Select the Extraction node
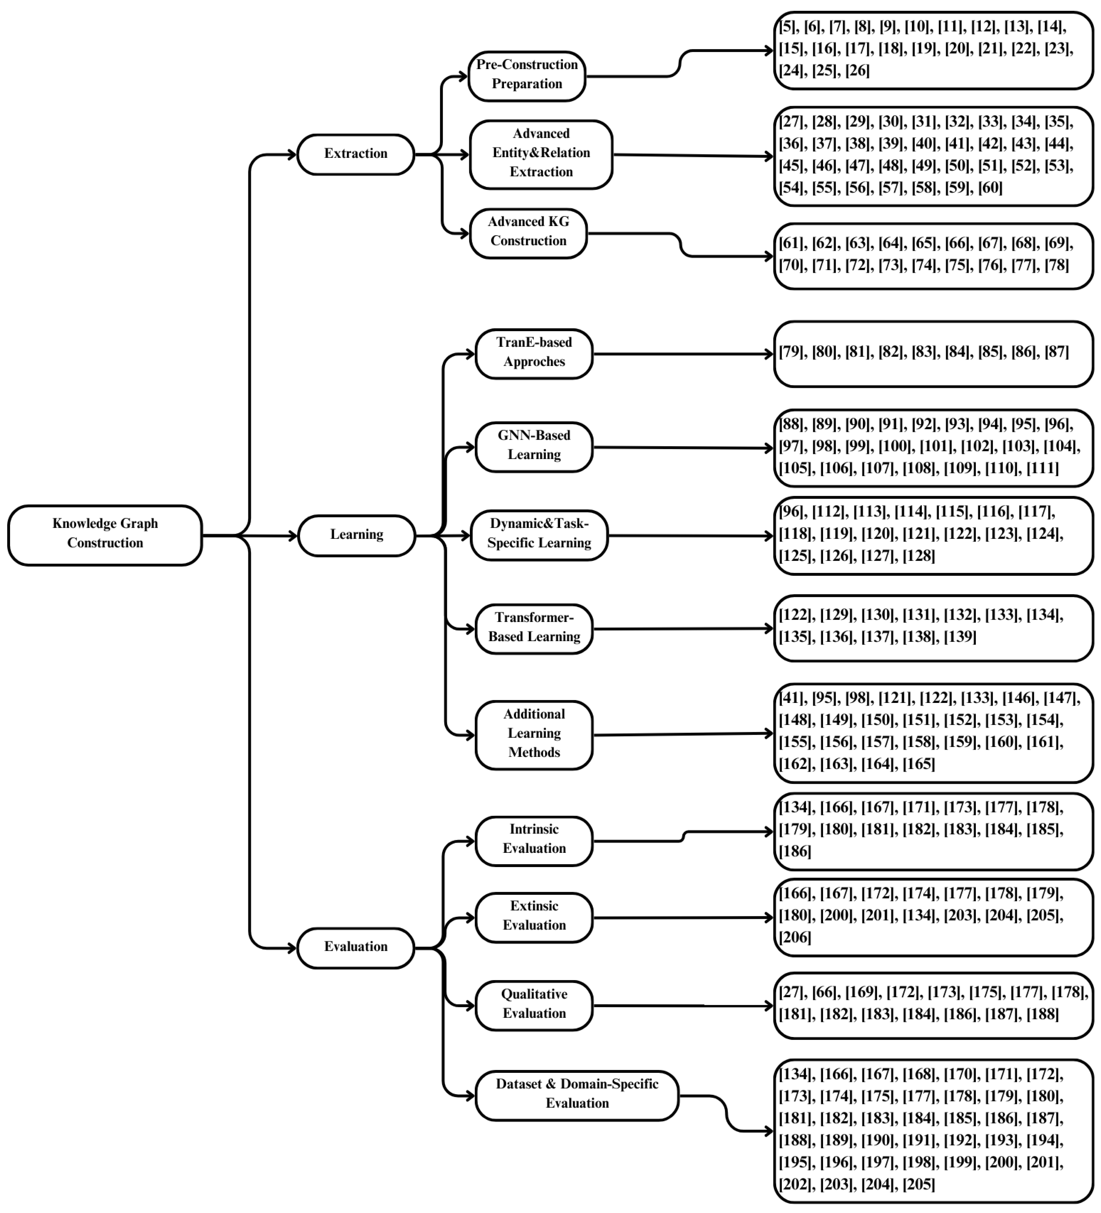tap(356, 154)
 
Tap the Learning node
tap(356, 535)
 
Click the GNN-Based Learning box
tap(534, 446)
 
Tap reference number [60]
tap(990, 188)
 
